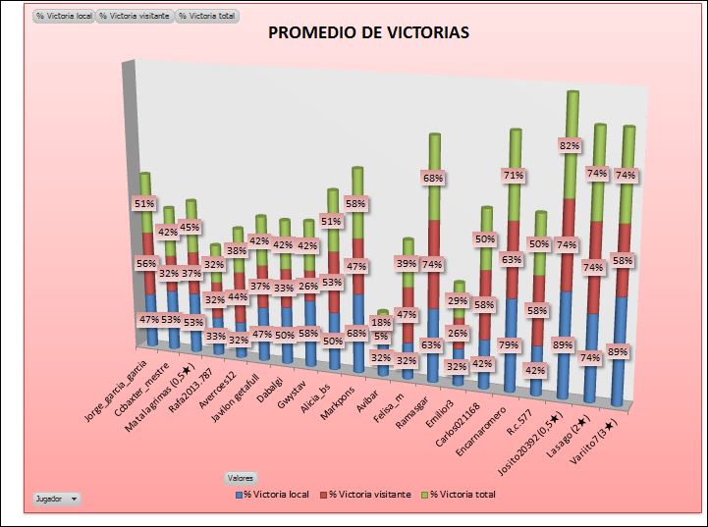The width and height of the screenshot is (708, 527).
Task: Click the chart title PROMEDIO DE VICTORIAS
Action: click(x=369, y=33)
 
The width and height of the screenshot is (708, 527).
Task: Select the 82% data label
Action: click(x=570, y=144)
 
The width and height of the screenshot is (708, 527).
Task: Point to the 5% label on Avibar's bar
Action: click(x=381, y=336)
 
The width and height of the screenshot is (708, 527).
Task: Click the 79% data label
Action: click(x=509, y=344)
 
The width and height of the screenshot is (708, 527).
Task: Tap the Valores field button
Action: click(x=241, y=477)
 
